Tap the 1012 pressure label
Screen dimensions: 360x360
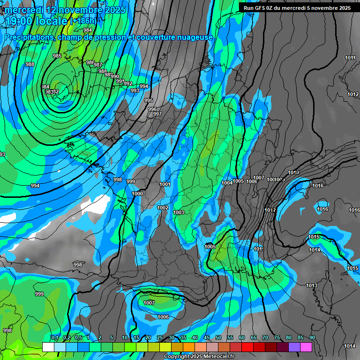click(x=353, y=94)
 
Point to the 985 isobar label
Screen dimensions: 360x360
click(x=57, y=56)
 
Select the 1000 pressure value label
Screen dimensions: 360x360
click(x=137, y=194)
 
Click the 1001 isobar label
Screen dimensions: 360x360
click(x=165, y=184)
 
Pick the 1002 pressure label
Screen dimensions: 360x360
click(x=163, y=208)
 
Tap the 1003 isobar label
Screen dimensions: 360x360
click(x=179, y=212)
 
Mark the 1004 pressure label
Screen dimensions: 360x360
click(x=227, y=183)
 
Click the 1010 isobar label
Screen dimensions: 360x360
click(x=293, y=172)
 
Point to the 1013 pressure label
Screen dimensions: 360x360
click(x=311, y=285)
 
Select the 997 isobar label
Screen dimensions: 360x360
click(x=157, y=114)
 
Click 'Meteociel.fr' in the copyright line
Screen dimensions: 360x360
click(x=216, y=357)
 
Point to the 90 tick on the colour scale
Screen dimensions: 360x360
click(x=312, y=337)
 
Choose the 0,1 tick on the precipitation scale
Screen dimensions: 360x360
click(x=54, y=337)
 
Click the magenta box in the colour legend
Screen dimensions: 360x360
click(x=306, y=347)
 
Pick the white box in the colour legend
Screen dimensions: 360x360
click(x=48, y=347)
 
